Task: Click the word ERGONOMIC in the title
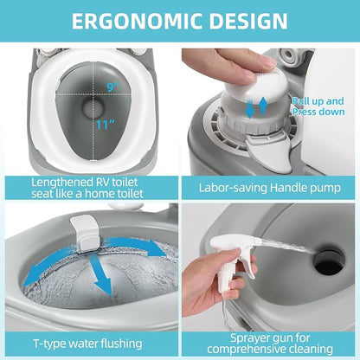[x=137, y=21]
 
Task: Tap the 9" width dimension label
[x=112, y=87]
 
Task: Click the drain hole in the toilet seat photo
[x=93, y=107]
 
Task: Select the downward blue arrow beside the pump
[x=250, y=108]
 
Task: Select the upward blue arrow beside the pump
[x=263, y=106]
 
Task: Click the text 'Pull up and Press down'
[x=318, y=106]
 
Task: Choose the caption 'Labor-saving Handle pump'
[x=270, y=188]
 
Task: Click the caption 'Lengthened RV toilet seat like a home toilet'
[x=87, y=188]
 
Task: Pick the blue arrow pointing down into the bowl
[x=100, y=274]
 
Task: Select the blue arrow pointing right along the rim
[x=136, y=245]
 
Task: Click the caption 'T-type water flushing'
[x=87, y=344]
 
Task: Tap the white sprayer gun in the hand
[x=234, y=257]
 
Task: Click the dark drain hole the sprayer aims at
[x=329, y=262]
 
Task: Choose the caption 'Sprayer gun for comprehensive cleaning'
[x=270, y=344]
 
